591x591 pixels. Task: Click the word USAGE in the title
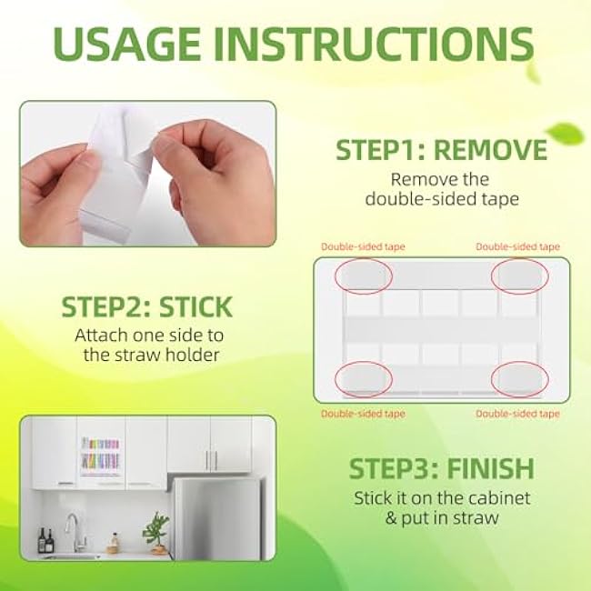coord(137,44)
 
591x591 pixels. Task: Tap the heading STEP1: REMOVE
coord(441,149)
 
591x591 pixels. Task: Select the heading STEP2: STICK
coord(146,306)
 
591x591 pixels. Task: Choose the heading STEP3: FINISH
coord(441,469)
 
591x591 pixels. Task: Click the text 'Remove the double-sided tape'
coord(441,188)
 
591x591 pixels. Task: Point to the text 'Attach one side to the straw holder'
coord(146,345)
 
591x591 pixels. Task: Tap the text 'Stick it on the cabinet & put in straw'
coord(441,508)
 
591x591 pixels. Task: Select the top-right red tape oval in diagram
coord(519,275)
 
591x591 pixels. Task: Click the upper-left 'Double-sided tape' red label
coord(364,246)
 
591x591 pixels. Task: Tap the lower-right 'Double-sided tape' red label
coord(518,413)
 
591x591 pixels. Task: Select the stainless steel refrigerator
coord(216,517)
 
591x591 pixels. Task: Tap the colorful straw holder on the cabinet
coord(101,454)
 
